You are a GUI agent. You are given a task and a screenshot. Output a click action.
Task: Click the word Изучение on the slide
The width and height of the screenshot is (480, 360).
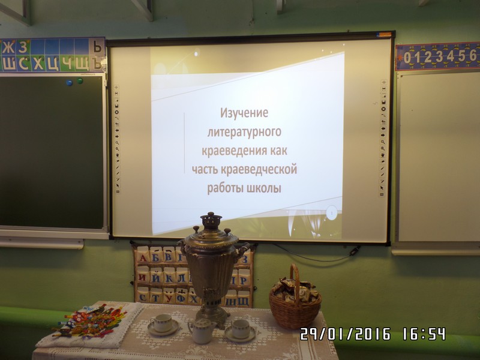[244, 113]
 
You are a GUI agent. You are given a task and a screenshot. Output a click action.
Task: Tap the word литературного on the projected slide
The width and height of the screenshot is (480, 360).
[244, 132]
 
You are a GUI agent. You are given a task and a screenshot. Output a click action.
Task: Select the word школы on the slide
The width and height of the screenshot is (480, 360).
[263, 188]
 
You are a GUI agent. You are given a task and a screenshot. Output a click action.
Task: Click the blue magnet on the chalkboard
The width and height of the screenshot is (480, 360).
[70, 83]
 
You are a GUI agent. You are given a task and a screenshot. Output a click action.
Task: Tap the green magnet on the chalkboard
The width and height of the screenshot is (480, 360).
[80, 81]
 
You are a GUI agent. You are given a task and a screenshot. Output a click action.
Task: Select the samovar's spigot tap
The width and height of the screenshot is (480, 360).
[211, 295]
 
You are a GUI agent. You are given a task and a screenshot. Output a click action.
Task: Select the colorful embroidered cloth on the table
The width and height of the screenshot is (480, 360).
[92, 321]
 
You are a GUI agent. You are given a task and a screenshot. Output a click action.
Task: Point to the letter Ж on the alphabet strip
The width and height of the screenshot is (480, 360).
[8, 47]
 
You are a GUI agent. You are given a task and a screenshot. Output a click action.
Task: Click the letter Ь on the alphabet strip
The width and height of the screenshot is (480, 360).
[97, 47]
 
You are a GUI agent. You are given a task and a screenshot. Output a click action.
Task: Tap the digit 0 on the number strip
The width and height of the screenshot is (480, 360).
[407, 58]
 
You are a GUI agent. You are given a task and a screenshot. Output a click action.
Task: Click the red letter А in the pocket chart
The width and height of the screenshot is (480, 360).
[143, 258]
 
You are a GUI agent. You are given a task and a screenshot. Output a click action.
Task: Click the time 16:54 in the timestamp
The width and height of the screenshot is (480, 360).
[424, 334]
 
